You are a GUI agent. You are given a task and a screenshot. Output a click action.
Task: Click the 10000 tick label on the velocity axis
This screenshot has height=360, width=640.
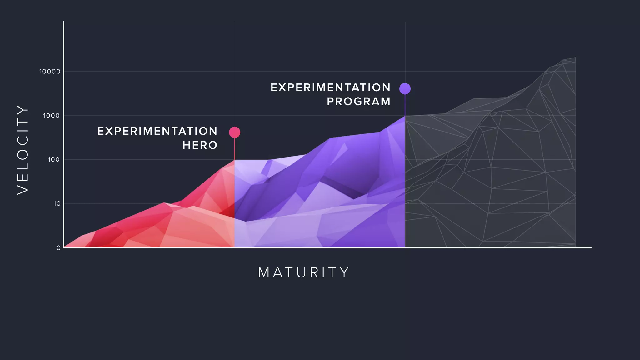click(x=50, y=72)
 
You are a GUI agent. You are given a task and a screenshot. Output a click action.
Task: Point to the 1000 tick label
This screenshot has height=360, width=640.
click(x=51, y=116)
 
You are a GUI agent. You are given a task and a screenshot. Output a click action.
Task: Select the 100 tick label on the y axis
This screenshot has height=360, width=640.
click(x=53, y=160)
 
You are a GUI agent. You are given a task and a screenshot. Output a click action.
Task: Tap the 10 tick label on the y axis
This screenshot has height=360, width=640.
click(x=57, y=204)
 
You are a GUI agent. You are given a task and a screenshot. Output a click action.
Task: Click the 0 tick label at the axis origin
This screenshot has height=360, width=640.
click(x=58, y=248)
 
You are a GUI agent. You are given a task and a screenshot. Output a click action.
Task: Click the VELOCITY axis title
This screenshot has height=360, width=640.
click(x=23, y=150)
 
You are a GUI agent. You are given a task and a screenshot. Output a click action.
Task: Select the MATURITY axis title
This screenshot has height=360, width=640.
click(x=304, y=272)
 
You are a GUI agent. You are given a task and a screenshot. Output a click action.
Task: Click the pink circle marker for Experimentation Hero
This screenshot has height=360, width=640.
click(x=235, y=132)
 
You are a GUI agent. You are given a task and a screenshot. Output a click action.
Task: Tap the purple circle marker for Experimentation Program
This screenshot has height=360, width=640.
click(x=405, y=89)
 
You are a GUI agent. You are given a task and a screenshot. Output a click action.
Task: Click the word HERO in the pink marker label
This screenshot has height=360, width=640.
click(x=200, y=145)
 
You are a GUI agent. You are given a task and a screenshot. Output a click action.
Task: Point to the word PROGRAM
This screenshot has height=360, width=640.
click(x=359, y=102)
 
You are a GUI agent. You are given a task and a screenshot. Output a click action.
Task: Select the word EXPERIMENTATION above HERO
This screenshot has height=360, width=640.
click(x=157, y=131)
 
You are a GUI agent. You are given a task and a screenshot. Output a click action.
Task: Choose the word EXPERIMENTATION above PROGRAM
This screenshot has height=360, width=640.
click(x=331, y=87)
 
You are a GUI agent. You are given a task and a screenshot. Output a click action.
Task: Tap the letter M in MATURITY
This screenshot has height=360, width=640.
click(x=264, y=272)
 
